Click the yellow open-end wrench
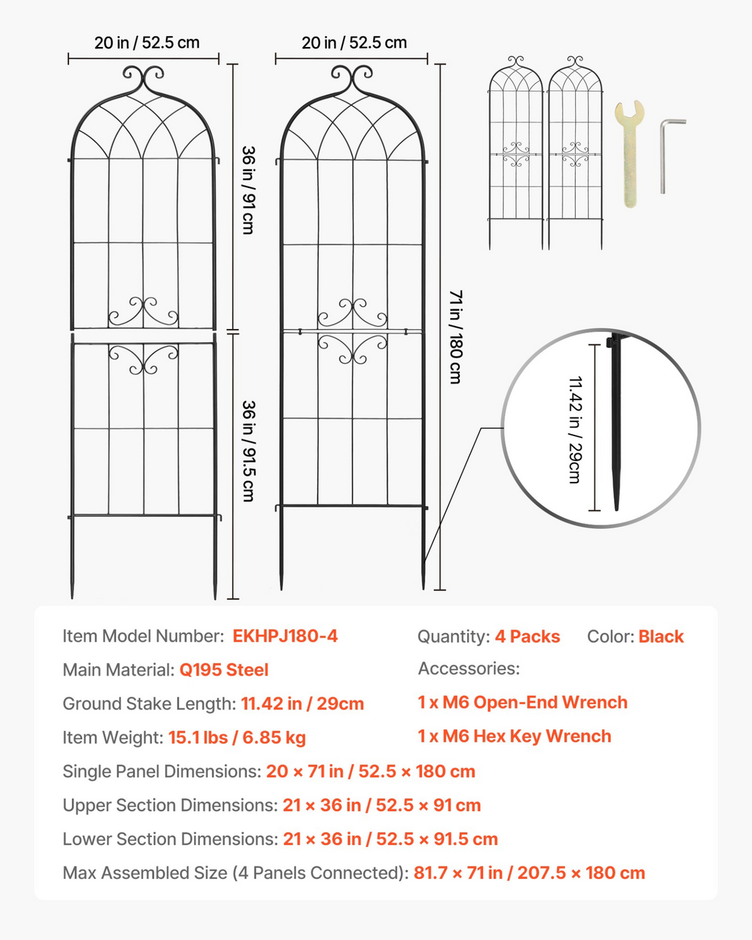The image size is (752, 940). [x=629, y=153]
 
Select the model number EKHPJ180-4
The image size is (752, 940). [x=285, y=636]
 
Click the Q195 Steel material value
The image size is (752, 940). [x=224, y=670]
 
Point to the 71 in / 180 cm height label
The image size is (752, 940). [x=456, y=337]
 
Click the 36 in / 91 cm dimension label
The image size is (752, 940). [x=249, y=190]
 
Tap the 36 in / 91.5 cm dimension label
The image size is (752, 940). [x=249, y=451]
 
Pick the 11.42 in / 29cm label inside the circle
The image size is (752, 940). [x=575, y=430]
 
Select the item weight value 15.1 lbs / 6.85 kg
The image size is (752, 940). [x=236, y=737]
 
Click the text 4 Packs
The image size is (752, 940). [x=527, y=637]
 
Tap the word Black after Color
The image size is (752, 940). [x=661, y=637]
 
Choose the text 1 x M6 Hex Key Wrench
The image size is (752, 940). [x=514, y=736]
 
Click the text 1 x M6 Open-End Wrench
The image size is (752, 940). [x=523, y=702]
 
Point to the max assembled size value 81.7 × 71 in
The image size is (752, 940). [x=458, y=872]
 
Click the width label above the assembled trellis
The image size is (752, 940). [x=354, y=43]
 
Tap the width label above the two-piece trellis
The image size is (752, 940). [x=147, y=43]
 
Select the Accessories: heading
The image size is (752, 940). [x=469, y=669]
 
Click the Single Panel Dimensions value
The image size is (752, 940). [x=371, y=771]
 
